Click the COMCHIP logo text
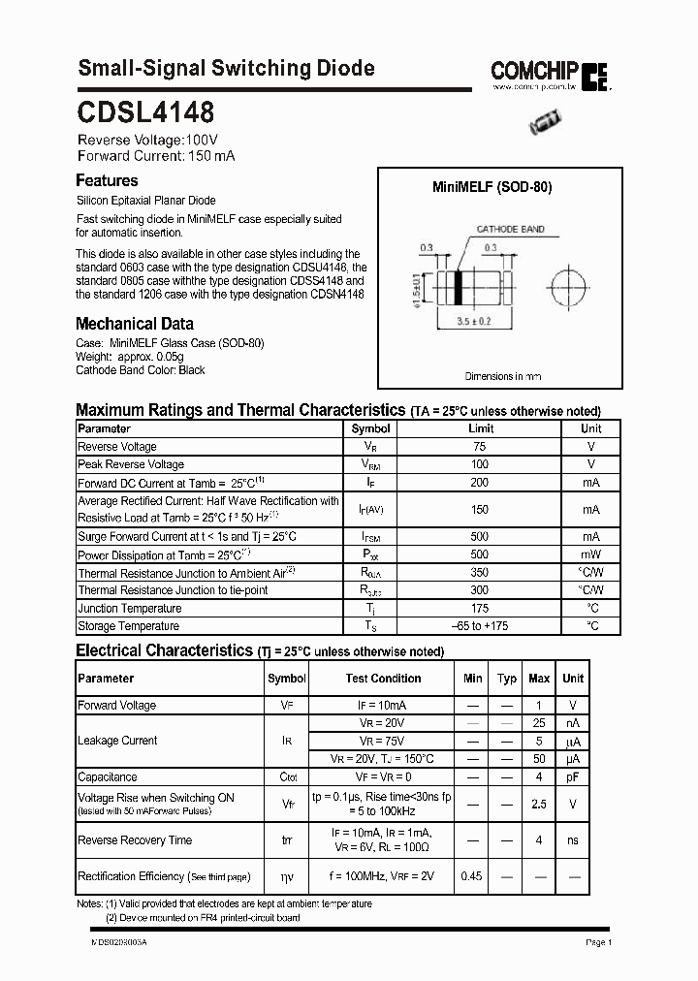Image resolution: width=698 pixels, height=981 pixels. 534,70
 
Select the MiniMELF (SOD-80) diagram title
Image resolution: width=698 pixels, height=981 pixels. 492,188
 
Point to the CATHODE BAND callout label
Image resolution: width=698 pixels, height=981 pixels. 509,230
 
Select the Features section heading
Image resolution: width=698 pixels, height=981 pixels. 107,180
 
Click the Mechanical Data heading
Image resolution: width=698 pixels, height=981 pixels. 134,324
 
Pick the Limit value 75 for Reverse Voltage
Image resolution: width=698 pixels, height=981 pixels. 480,447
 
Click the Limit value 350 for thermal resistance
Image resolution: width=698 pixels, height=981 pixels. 480,573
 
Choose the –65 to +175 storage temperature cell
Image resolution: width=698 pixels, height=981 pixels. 480,626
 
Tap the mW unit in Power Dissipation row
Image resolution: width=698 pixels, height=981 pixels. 590,554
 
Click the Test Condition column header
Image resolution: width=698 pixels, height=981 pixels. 383,679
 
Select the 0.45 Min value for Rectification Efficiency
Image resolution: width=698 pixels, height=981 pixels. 472,876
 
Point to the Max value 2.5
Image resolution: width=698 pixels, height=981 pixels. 539,804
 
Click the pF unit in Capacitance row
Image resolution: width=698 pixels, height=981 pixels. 573,776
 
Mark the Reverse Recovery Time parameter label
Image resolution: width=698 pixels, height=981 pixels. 135,840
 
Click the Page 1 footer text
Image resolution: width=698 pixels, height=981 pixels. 598,942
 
